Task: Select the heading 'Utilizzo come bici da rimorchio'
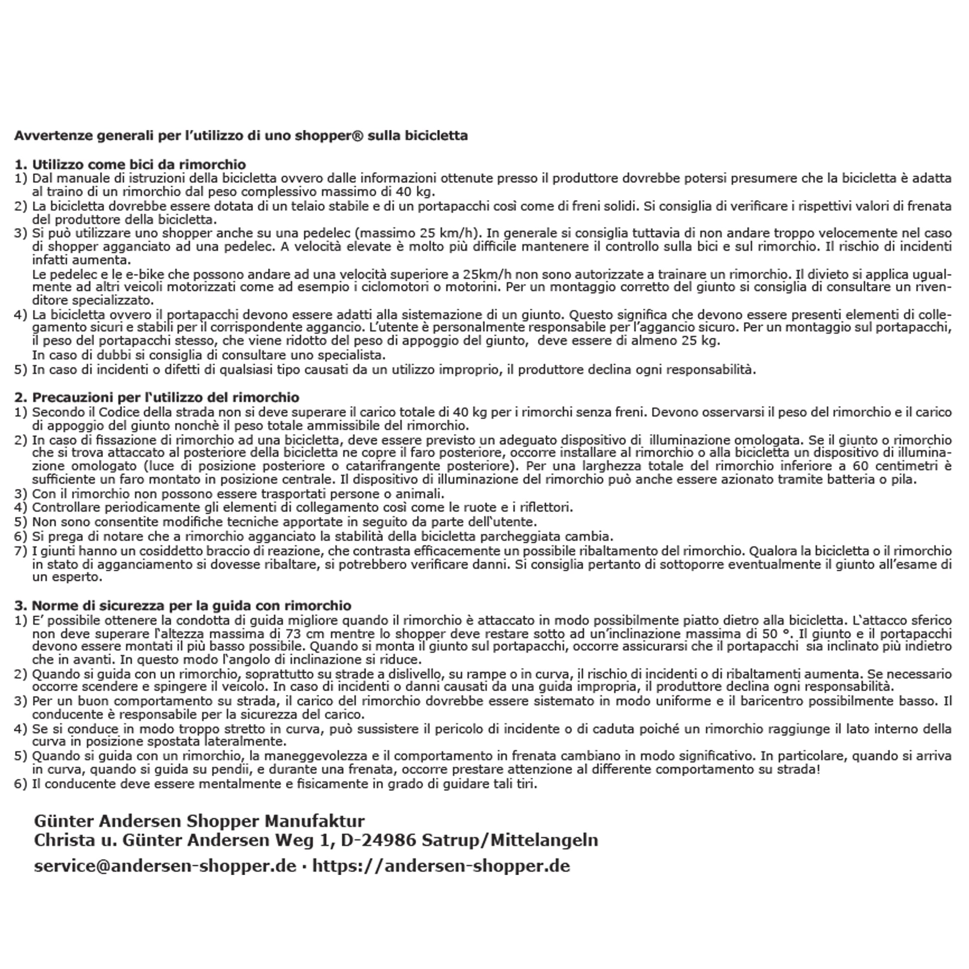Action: [139, 164]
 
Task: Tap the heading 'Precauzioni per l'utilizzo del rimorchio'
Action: [165, 397]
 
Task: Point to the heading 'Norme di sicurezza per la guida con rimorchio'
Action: [192, 606]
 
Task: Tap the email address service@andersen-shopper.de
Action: [165, 866]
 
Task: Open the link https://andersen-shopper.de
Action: [441, 866]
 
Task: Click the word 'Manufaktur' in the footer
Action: [315, 821]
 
